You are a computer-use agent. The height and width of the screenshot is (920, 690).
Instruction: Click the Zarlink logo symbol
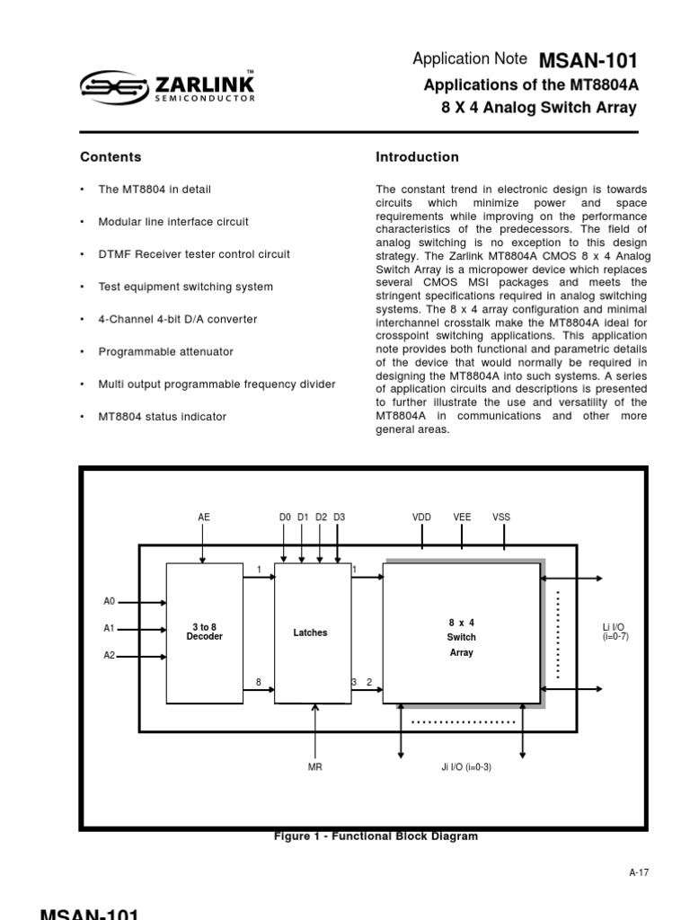pos(112,88)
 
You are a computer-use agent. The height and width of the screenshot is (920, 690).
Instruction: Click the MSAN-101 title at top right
pos(588,61)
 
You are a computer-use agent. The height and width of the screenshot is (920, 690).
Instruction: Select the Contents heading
pos(111,157)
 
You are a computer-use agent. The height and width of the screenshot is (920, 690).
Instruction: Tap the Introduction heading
pos(417,157)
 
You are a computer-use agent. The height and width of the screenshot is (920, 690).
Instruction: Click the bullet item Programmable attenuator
pos(165,351)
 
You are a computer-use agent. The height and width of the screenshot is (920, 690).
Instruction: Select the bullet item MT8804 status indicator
pos(162,417)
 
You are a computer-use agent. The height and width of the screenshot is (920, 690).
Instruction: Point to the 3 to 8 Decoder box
pos(204,632)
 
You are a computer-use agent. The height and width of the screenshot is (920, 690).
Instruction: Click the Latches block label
pos(310,632)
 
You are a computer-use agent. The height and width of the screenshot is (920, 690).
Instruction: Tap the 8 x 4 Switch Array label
pos(461,637)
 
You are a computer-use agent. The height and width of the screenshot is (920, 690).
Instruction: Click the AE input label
pos(203,517)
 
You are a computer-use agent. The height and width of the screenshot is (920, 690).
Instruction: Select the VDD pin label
pos(421,517)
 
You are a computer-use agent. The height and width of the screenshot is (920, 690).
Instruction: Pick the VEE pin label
pos(462,517)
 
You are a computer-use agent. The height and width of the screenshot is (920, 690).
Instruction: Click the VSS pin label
pos(501,517)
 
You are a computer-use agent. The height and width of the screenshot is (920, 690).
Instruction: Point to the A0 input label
pos(110,602)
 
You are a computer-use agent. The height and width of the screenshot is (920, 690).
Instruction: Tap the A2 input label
pos(110,656)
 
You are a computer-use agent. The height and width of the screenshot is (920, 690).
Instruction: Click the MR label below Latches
pos(314,768)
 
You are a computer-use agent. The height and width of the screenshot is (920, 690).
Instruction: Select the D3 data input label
pos(339,517)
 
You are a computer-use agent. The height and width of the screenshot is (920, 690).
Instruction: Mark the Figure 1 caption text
pos(376,836)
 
